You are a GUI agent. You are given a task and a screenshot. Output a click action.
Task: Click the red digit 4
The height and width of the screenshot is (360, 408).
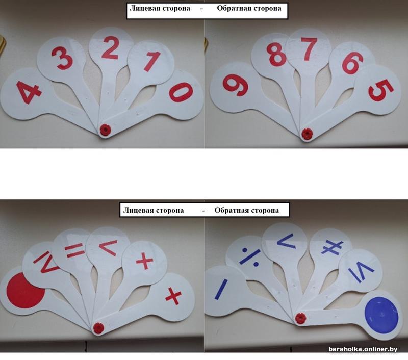(x=28, y=92)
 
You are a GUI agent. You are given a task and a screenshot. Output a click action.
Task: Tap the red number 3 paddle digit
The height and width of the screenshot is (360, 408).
(x=62, y=58)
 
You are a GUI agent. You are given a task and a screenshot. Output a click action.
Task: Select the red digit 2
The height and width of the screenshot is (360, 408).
(x=110, y=48)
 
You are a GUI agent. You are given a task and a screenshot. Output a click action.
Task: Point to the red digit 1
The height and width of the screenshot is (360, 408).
(x=151, y=61)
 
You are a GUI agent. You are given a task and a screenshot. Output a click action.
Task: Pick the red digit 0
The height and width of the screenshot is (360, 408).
(x=182, y=92)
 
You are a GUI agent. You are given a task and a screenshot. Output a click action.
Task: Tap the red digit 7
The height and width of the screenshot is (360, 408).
(x=310, y=48)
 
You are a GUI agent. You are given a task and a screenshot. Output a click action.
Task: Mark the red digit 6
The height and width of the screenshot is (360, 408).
(x=352, y=63)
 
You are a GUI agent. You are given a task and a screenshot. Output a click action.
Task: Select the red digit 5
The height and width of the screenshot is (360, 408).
(x=381, y=90)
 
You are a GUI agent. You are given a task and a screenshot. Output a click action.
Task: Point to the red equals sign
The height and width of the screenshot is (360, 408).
(x=74, y=251)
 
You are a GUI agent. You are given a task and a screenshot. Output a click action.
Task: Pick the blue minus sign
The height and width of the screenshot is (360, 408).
(x=221, y=289)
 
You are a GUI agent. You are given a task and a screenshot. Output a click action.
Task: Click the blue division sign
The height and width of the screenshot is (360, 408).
(x=250, y=258)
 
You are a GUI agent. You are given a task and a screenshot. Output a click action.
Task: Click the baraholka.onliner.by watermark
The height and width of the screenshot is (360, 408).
(x=363, y=349)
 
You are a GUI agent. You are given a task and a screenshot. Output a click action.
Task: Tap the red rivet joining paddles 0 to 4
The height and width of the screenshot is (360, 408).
(x=105, y=130)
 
